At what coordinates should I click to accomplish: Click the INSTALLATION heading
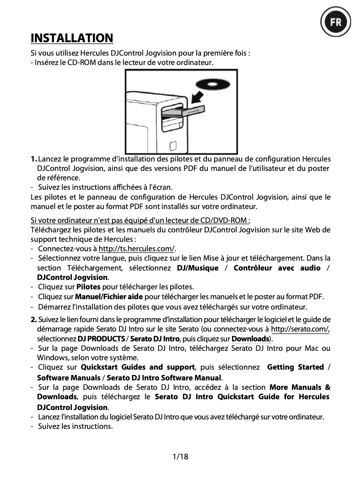[72, 38]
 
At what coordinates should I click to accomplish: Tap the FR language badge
[336, 22]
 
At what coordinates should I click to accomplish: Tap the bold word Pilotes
[88, 287]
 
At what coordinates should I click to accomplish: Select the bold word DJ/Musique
[198, 268]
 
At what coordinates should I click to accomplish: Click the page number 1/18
[180, 457]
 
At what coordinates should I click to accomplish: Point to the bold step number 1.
[34, 159]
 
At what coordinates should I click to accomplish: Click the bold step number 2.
[34, 319]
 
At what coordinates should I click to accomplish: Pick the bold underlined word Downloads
[250, 338]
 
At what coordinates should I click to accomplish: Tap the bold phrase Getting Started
[295, 367]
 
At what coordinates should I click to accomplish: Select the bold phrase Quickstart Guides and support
[137, 367]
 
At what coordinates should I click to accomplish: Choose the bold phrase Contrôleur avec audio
[277, 268]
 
